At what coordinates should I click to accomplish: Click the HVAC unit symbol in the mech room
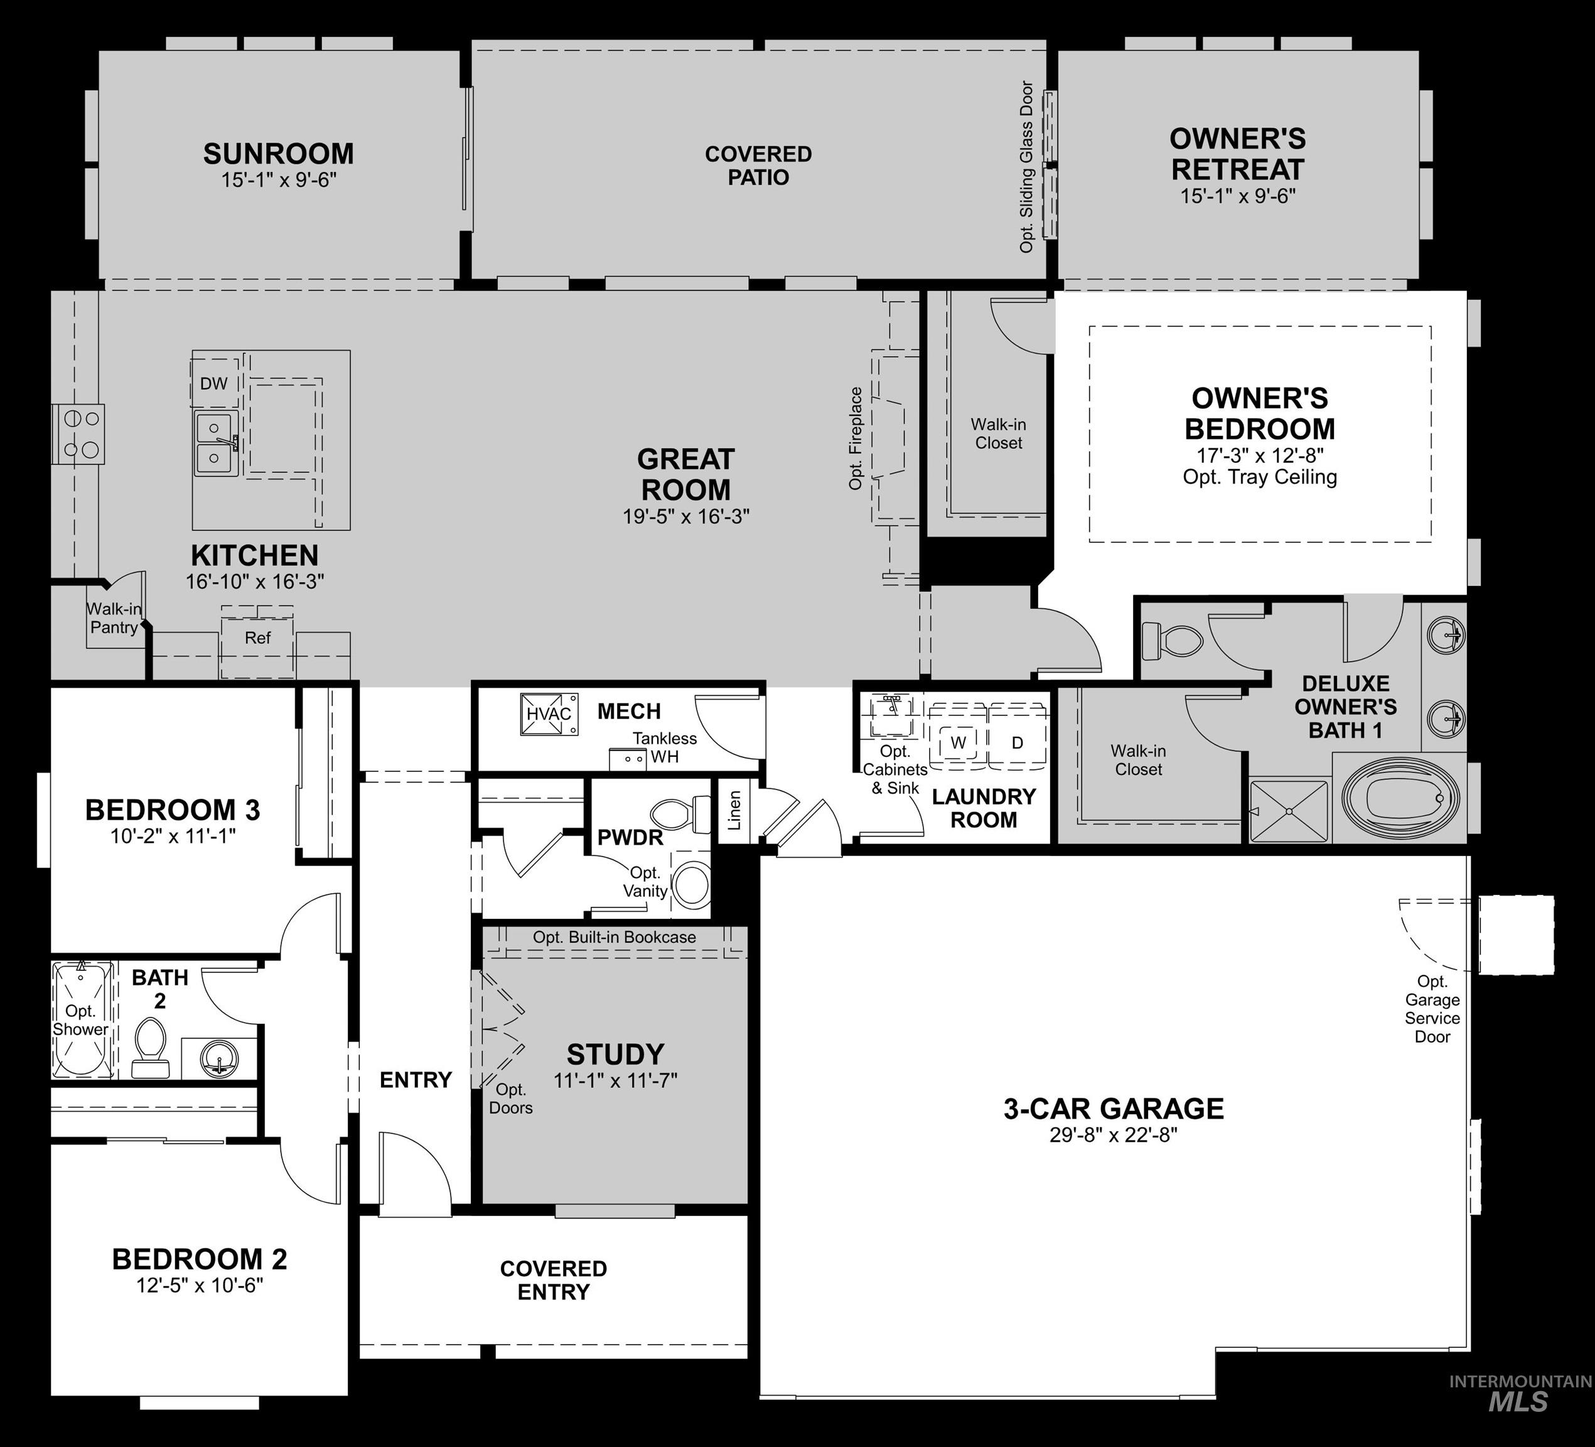click(548, 714)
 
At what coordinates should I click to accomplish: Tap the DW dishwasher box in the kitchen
click(213, 384)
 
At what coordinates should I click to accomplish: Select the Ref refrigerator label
click(257, 638)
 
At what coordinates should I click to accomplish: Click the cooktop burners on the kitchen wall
click(79, 434)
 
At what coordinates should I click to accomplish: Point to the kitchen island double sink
click(215, 443)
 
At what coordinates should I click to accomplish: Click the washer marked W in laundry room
click(958, 742)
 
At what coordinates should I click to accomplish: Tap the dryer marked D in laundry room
click(1018, 742)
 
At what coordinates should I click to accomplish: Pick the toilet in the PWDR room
click(679, 814)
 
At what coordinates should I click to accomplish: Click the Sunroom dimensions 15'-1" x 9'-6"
click(279, 180)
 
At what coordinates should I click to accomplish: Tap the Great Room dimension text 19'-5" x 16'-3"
click(686, 517)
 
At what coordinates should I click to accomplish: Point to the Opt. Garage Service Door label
click(1432, 1009)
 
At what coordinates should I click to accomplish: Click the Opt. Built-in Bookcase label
click(614, 937)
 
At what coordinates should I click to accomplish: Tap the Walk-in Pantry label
click(114, 618)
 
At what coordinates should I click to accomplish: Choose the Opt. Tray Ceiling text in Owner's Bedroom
click(1260, 477)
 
